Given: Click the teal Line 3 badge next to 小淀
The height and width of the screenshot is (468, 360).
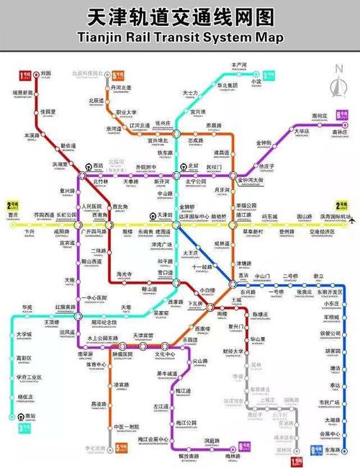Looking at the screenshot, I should coord(269,75).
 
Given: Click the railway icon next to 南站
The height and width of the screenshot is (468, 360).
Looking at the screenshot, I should coord(13,416).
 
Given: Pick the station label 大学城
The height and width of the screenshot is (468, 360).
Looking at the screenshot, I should coord(24,334).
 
